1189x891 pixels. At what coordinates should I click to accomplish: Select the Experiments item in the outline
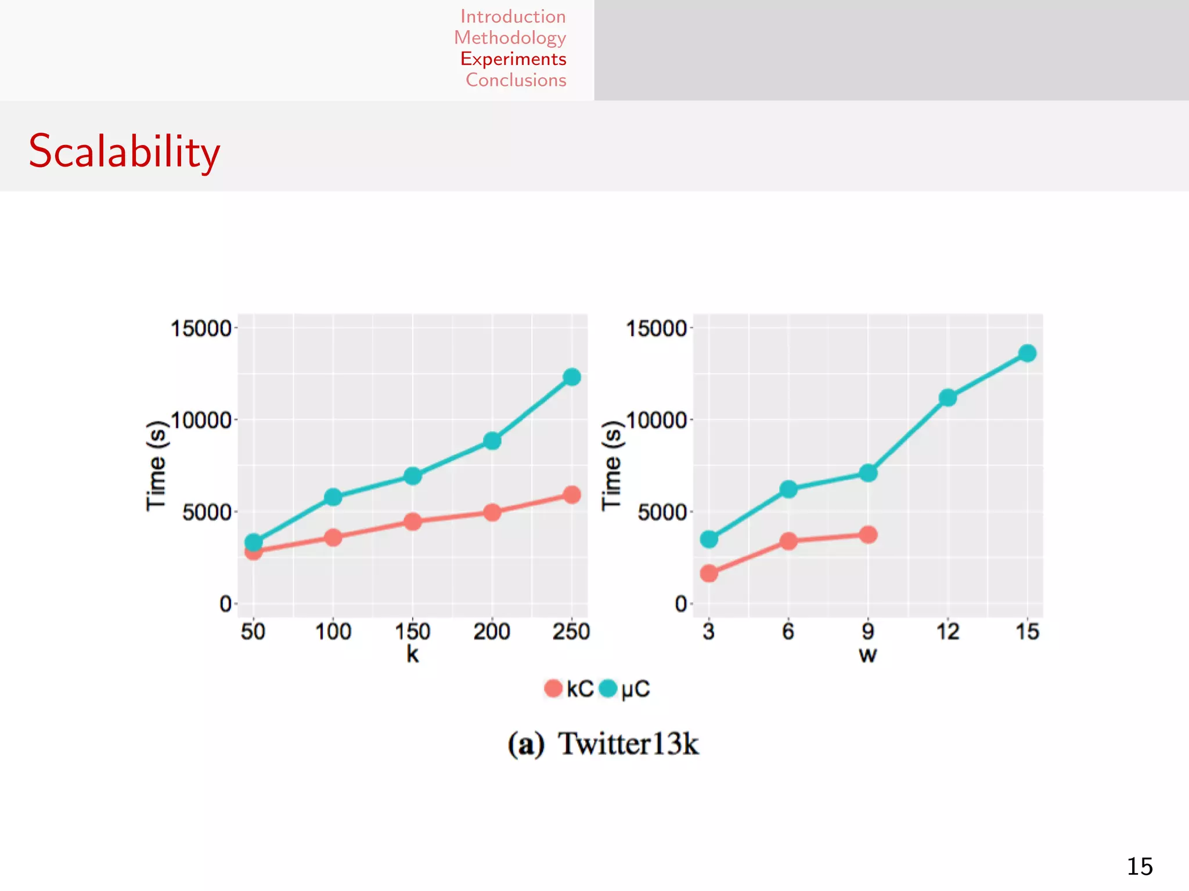click(x=513, y=59)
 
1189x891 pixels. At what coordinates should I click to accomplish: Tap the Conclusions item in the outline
click(x=516, y=80)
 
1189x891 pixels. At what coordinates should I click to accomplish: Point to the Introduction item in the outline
click(x=513, y=17)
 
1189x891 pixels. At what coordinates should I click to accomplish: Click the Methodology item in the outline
click(x=510, y=38)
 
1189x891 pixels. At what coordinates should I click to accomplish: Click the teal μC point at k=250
click(x=572, y=377)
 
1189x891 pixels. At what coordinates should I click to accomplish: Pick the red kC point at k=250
click(x=572, y=495)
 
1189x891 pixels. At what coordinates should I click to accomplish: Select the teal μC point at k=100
click(x=333, y=497)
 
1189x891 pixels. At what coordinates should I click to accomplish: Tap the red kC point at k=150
click(x=413, y=521)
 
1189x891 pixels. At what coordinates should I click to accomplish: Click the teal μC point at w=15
click(x=1028, y=353)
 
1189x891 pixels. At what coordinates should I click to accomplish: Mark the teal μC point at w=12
click(x=947, y=398)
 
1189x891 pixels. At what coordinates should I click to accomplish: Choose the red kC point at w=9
click(x=868, y=535)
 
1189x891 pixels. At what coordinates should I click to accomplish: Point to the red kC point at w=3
click(x=709, y=574)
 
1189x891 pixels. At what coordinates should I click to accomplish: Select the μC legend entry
click(x=624, y=689)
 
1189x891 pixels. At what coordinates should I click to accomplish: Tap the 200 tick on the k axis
click(x=492, y=631)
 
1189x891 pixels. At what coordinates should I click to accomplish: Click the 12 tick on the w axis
click(x=947, y=631)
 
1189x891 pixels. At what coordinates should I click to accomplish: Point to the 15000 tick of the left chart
click(x=201, y=328)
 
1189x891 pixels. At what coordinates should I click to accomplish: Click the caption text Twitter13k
click(x=628, y=744)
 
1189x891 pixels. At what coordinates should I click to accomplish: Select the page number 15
click(x=1140, y=867)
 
